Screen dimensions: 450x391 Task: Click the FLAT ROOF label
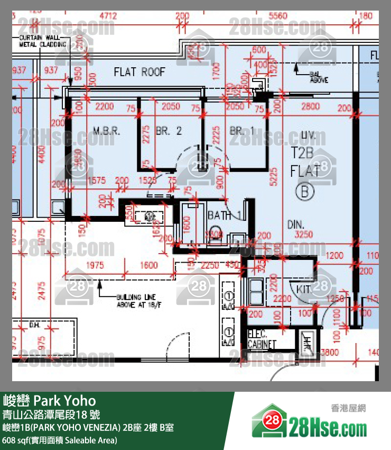[x=139, y=72]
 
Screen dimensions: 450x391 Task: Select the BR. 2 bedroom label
[x=169, y=131]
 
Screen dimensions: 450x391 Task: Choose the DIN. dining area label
[x=296, y=224]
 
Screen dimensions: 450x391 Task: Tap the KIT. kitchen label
[x=304, y=289]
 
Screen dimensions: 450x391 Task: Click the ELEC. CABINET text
[x=262, y=339]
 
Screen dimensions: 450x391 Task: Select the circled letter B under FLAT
[x=304, y=191]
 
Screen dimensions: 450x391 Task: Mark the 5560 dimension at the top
[x=278, y=16]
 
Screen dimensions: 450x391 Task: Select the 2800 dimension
[x=310, y=106]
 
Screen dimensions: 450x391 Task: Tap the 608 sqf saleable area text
[x=60, y=440]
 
